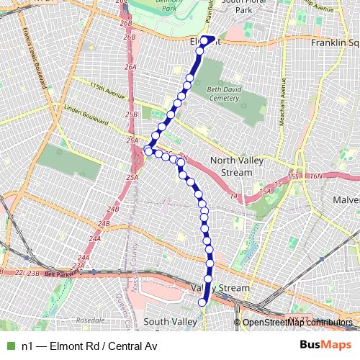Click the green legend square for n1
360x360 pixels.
[10, 346]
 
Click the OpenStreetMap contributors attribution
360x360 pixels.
[297, 323]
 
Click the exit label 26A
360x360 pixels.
[130, 66]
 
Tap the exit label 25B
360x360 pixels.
[130, 114]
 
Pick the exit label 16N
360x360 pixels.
[318, 176]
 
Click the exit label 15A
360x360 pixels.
[266, 190]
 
